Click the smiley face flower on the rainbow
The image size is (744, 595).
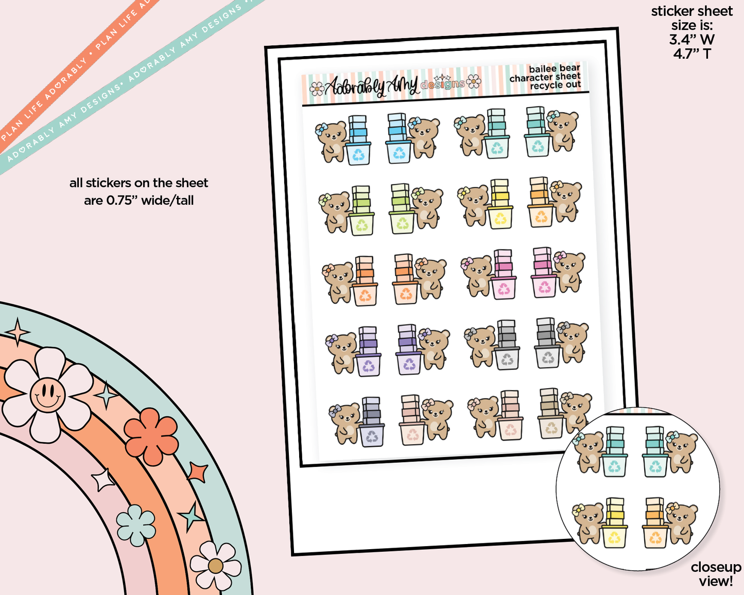pyautogui.click(x=47, y=395)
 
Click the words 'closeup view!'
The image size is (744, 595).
pyautogui.click(x=716, y=574)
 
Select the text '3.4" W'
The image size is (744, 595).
pyautogui.click(x=691, y=40)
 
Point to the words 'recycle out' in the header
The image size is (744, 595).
pyautogui.click(x=556, y=85)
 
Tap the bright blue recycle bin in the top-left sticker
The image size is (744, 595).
pyautogui.click(x=358, y=154)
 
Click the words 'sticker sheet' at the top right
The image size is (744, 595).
pyautogui.click(x=691, y=11)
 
